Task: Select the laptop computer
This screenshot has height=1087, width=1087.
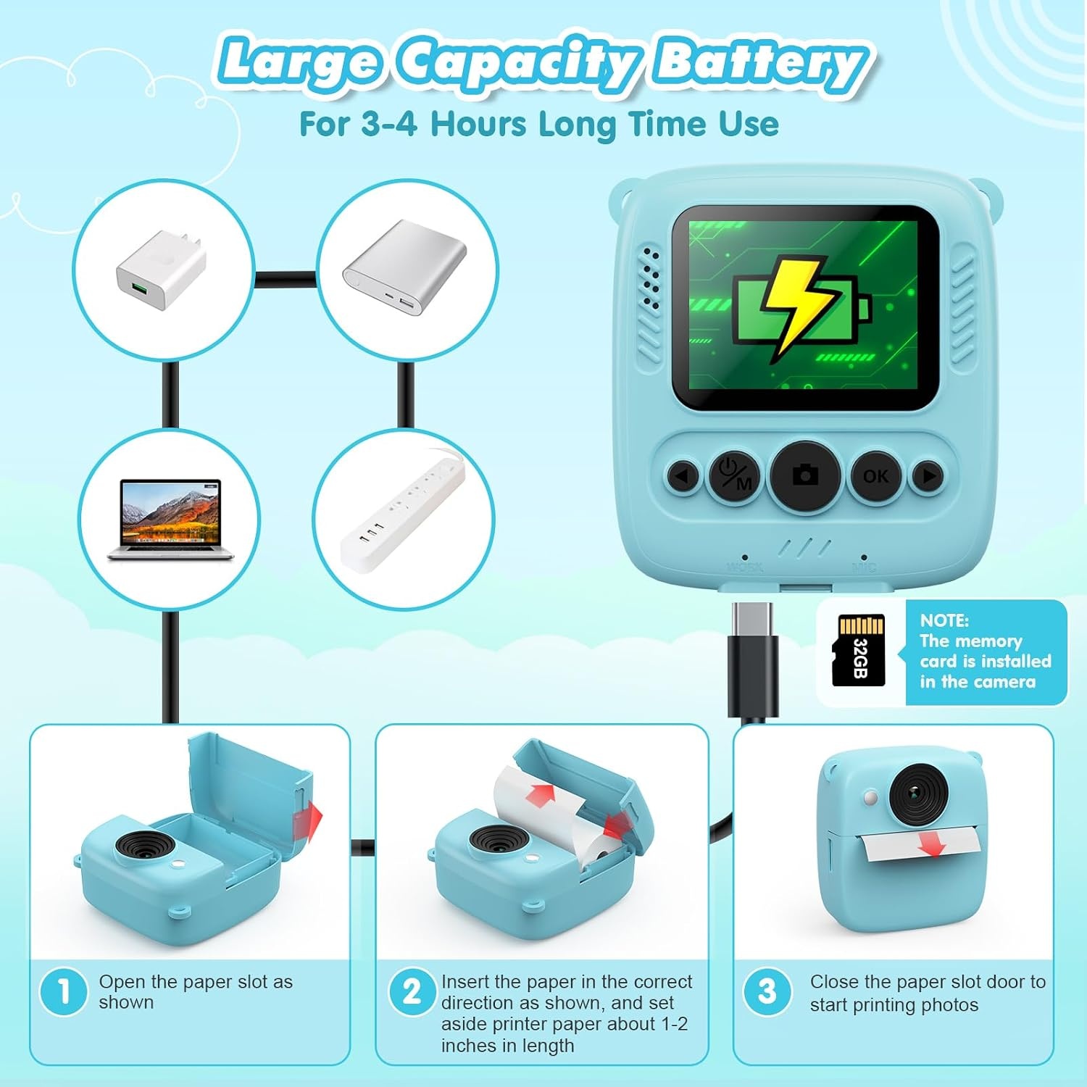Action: [x=171, y=520]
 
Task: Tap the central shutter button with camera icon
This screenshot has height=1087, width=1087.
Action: [x=805, y=475]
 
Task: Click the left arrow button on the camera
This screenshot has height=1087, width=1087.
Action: [x=681, y=476]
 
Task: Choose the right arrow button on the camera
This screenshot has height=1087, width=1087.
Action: [x=929, y=476]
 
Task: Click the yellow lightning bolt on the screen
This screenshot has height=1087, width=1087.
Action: [x=796, y=306]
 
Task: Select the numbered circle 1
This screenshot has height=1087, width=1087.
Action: [x=64, y=991]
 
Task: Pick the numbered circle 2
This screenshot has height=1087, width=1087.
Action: [x=412, y=991]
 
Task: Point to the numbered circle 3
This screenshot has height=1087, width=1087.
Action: [x=767, y=991]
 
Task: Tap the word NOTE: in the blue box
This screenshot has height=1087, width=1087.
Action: [x=944, y=620]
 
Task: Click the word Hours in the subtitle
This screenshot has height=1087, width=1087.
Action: [x=478, y=124]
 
